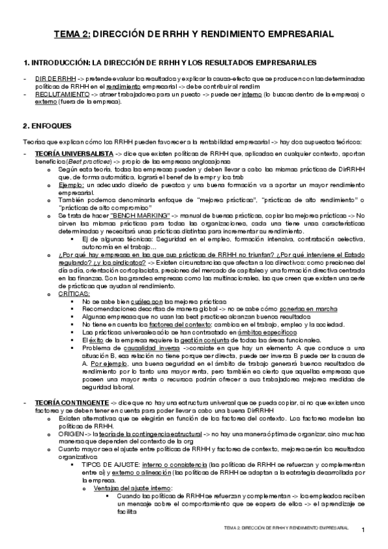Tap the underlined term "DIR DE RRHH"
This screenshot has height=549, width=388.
[56, 78]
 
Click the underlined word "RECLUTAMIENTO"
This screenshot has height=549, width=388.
[62, 94]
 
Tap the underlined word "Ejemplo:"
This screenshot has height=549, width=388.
[69, 185]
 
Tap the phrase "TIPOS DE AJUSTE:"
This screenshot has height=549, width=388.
[111, 464]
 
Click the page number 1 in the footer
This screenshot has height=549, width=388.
[363, 530]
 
